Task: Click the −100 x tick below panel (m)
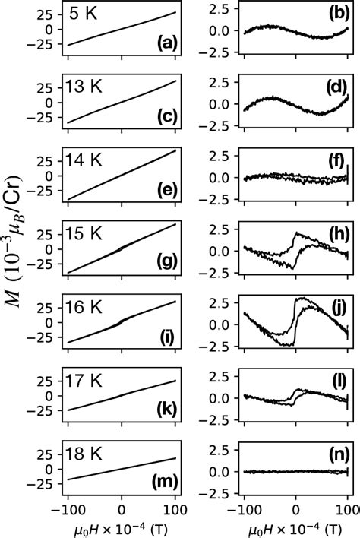coord(67,508)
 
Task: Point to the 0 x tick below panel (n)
coord(295,508)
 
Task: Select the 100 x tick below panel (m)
coord(176,508)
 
